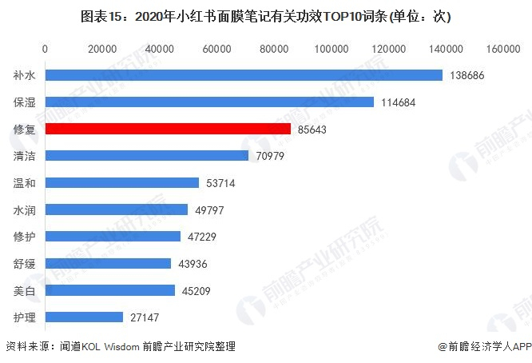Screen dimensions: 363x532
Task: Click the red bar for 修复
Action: coord(168,129)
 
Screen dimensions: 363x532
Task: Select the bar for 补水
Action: coord(244,75)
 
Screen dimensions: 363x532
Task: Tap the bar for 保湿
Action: coord(209,102)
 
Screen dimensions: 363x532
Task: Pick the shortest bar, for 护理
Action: coord(85,317)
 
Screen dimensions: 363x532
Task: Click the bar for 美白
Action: coord(110,290)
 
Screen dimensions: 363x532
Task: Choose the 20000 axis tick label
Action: coord(102,50)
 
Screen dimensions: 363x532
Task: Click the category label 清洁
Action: coord(24,156)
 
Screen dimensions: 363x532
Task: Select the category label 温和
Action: coord(24,183)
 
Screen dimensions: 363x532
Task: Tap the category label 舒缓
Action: coord(24,264)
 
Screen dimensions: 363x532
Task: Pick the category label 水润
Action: coord(24,209)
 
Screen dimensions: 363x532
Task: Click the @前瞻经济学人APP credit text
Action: coord(484,346)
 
